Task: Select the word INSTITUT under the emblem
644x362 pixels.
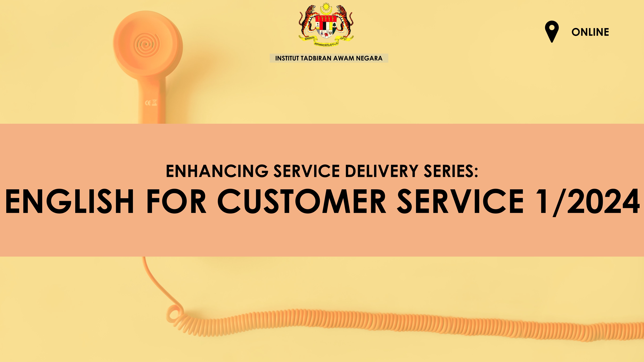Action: pyautogui.click(x=287, y=58)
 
